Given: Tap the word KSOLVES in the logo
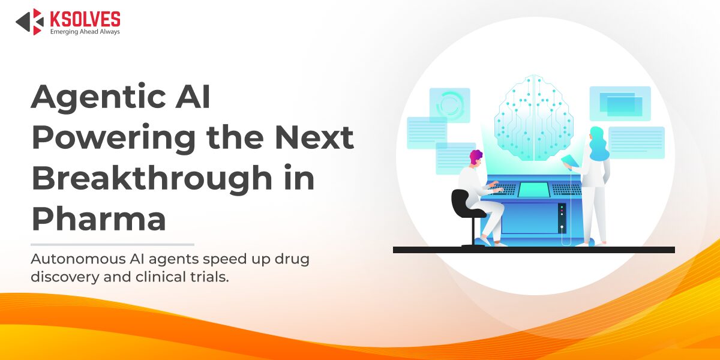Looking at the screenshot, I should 84,18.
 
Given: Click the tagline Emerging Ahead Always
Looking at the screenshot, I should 85,31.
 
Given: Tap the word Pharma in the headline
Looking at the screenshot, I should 98,218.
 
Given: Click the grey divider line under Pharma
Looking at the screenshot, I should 112,244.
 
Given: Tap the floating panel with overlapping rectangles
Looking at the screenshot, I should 620,104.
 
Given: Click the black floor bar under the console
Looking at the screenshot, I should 533,250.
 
